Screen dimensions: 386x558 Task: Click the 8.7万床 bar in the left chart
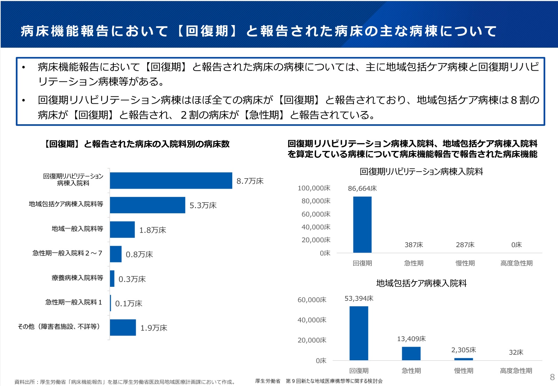(171, 181)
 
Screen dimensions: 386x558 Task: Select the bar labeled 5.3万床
(147, 205)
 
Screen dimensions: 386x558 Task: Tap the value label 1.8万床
(152, 230)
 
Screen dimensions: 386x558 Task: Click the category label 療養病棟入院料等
(77, 278)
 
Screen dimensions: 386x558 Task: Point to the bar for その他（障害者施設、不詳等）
(123, 328)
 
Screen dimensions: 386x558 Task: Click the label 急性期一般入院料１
(74, 302)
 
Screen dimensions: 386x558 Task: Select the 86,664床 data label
(362, 188)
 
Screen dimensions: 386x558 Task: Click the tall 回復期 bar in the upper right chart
(362, 224)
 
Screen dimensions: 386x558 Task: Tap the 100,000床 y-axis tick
(314, 188)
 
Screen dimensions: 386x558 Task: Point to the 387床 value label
(414, 245)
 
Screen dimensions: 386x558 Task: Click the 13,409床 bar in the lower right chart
(411, 353)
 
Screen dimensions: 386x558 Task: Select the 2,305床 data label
(463, 350)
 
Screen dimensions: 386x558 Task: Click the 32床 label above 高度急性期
(516, 352)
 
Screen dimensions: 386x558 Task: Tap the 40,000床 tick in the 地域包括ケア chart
(312, 320)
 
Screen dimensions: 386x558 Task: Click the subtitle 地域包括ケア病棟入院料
(421, 283)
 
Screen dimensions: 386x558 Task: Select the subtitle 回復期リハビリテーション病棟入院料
(421, 172)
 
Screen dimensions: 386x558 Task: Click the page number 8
(552, 377)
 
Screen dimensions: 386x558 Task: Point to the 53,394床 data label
(359, 298)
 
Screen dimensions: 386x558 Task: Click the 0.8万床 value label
(139, 254)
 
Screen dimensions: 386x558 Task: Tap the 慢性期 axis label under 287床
(465, 263)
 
